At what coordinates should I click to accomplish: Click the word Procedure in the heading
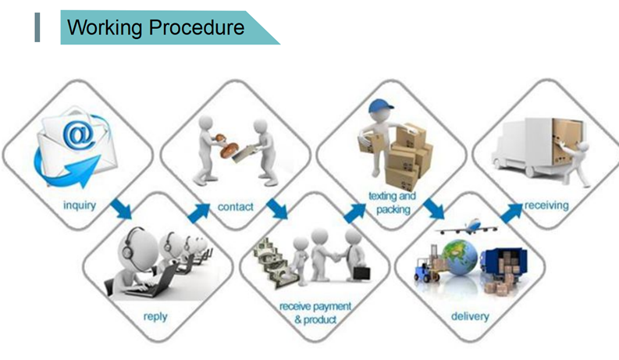click(x=197, y=27)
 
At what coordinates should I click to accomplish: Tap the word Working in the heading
click(x=105, y=28)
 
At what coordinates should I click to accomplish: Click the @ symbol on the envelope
click(x=80, y=135)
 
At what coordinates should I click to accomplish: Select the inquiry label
click(x=80, y=205)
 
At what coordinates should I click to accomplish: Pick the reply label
click(x=155, y=316)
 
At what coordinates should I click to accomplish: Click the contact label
click(x=236, y=206)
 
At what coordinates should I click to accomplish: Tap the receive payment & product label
click(x=315, y=312)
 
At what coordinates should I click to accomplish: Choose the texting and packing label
click(x=393, y=202)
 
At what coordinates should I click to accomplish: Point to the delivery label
click(x=470, y=316)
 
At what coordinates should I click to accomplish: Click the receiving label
click(x=546, y=205)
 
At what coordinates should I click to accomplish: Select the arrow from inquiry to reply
click(x=121, y=209)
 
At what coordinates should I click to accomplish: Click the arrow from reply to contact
click(x=198, y=213)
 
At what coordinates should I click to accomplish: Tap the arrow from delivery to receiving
click(x=511, y=213)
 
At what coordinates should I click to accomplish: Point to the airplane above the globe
click(x=466, y=226)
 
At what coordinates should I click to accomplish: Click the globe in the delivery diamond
click(x=460, y=258)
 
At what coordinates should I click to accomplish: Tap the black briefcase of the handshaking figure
click(x=361, y=273)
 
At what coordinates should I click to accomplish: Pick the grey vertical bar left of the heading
click(x=37, y=27)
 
